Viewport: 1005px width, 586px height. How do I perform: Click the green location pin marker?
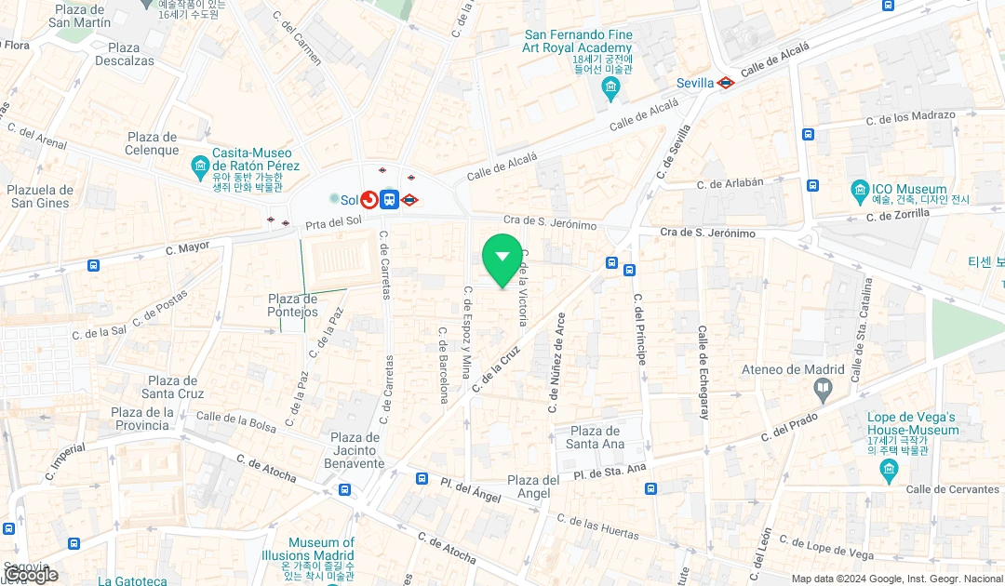tap(502, 258)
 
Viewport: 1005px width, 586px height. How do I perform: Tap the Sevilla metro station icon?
tap(726, 83)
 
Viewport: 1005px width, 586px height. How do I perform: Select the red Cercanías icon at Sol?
tap(368, 200)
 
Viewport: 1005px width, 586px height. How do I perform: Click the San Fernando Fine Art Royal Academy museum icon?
tap(610, 90)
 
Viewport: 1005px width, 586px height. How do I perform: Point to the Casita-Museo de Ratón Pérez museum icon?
tap(199, 167)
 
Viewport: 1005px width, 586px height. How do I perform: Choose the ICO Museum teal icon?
tap(860, 192)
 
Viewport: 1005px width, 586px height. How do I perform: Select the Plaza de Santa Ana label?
tap(595, 437)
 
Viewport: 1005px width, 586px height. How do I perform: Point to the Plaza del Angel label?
tap(533, 486)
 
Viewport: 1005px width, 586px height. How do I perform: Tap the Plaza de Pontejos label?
tap(293, 305)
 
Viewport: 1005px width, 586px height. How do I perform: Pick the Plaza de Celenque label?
tap(152, 144)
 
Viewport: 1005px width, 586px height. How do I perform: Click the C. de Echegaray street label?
tap(703, 372)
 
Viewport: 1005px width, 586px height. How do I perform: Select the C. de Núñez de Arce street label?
tap(557, 363)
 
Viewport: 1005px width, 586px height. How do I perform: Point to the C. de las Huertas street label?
tap(597, 526)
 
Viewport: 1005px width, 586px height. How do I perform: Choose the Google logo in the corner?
tap(31, 575)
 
